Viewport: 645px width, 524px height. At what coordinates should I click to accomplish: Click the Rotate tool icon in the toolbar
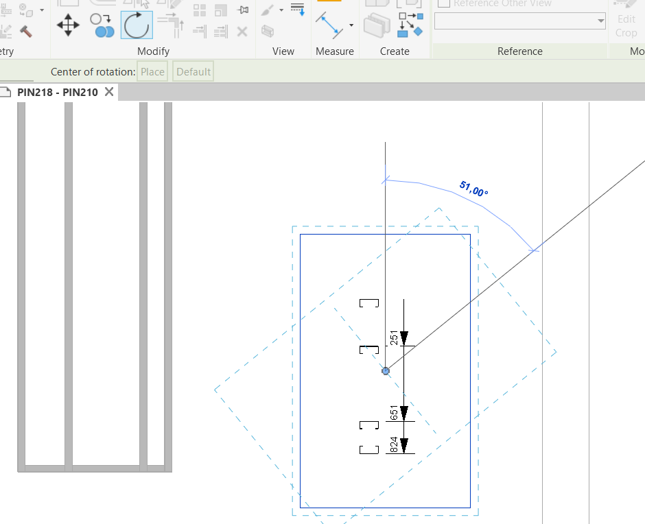click(137, 25)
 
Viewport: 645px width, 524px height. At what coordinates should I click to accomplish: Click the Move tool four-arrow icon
click(68, 26)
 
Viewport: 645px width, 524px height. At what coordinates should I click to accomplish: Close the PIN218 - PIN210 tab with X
click(109, 92)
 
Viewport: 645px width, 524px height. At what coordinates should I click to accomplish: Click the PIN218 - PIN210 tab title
click(58, 92)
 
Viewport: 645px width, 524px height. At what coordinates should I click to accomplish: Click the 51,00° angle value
click(473, 189)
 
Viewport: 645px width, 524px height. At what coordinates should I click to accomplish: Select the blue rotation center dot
click(386, 371)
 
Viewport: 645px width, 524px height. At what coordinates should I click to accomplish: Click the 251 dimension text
click(394, 338)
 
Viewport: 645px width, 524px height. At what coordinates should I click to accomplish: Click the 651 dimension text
click(394, 413)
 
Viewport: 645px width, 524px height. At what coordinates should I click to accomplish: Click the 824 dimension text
click(394, 445)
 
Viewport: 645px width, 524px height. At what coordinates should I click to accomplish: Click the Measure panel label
click(335, 51)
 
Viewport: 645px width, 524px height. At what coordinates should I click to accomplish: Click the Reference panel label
click(519, 51)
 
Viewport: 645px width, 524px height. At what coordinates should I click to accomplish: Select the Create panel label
click(395, 51)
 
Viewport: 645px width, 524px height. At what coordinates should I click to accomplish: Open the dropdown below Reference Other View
click(520, 21)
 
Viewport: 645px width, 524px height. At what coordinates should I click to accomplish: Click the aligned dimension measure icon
click(330, 25)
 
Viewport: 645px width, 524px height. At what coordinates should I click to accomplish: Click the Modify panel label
click(153, 51)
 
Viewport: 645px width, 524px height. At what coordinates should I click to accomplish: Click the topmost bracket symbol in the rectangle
click(369, 303)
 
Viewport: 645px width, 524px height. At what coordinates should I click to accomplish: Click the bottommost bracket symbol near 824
click(369, 450)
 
